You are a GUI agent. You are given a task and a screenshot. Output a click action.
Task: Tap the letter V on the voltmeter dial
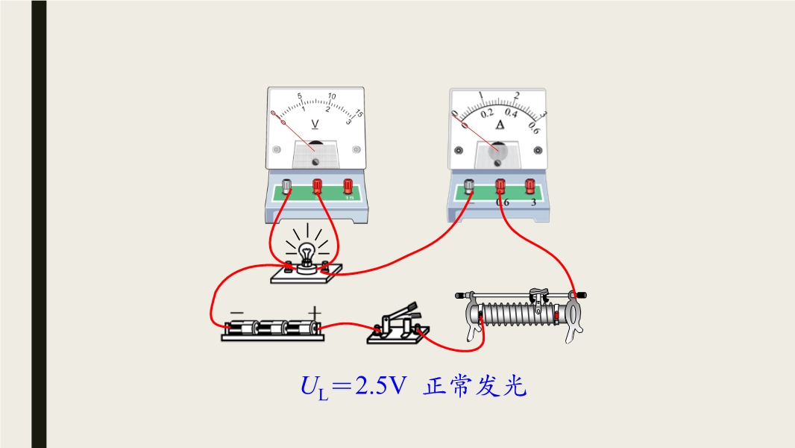click(x=315, y=124)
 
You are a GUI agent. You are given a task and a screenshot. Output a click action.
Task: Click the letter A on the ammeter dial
click(x=500, y=125)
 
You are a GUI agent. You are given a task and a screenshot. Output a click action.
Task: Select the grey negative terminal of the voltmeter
click(x=287, y=184)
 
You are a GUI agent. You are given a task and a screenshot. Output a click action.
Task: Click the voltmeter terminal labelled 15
click(x=348, y=184)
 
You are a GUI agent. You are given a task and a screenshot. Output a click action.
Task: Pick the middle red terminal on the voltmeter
click(x=317, y=184)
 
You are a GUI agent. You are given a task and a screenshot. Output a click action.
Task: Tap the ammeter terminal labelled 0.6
click(x=500, y=185)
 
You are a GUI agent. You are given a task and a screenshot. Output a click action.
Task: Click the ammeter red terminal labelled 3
click(x=530, y=185)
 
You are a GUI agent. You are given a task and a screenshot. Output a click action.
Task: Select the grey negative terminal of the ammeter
click(x=470, y=185)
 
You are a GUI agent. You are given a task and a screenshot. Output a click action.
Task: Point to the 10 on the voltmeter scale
click(x=332, y=96)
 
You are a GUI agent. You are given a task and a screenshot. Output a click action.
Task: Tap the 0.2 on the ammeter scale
click(x=487, y=113)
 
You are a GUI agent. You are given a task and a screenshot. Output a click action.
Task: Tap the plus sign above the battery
click(x=315, y=312)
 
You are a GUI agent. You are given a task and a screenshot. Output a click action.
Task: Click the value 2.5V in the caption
click(x=380, y=387)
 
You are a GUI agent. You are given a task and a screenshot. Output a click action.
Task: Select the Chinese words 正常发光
click(x=476, y=387)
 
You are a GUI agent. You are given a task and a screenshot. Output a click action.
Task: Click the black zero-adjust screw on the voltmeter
click(x=315, y=161)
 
